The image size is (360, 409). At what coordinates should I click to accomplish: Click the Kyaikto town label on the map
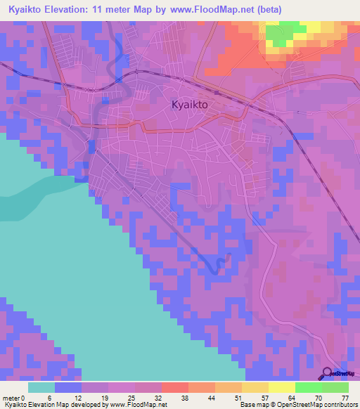tap(192, 105)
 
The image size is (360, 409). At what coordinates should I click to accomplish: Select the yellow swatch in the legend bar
tap(281, 387)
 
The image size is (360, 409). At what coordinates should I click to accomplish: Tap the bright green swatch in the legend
tap(308, 387)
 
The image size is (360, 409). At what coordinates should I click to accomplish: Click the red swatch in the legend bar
tap(174, 387)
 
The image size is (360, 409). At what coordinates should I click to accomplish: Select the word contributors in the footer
tap(340, 405)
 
